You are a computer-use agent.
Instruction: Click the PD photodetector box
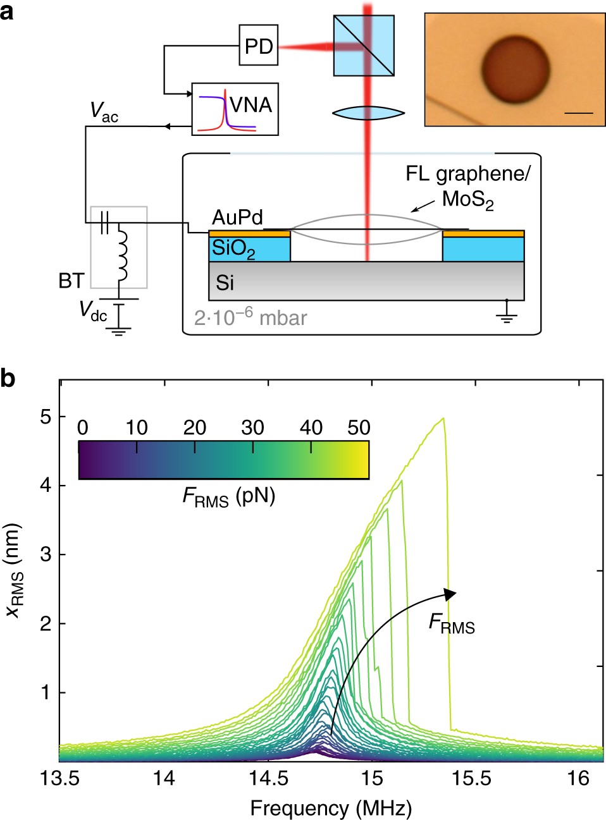click(259, 46)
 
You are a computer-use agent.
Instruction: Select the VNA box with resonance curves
click(235, 109)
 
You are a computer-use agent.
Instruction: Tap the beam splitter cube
click(364, 46)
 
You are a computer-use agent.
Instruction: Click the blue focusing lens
click(368, 113)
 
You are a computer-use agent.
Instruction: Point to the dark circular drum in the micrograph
click(516, 69)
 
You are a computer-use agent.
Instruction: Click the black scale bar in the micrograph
click(578, 113)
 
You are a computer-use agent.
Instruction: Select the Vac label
click(104, 112)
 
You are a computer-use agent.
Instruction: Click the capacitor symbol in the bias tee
click(106, 222)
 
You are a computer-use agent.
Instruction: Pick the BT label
click(71, 281)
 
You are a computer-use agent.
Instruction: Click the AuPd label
click(237, 217)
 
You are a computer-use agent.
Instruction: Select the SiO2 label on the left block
click(233, 249)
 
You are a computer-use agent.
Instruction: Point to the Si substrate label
click(225, 283)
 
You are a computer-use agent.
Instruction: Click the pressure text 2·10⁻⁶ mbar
click(250, 317)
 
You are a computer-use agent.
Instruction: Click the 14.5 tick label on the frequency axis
click(268, 778)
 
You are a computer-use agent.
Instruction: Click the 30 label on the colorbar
click(252, 428)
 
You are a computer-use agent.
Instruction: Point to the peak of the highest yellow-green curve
click(443, 418)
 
